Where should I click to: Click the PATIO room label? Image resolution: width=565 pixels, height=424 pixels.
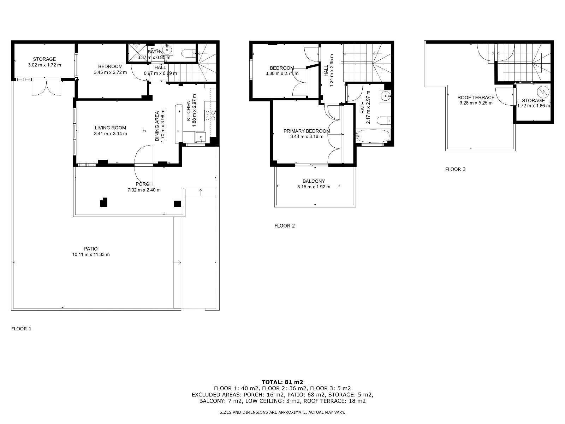click(91, 249)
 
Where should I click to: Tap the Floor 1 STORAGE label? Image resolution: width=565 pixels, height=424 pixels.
click(44, 59)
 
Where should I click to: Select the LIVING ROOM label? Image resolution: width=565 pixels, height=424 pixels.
click(111, 128)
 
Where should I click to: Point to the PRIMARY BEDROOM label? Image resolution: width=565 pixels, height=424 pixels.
click(307, 131)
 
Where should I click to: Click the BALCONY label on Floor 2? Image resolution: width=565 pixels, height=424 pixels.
click(314, 181)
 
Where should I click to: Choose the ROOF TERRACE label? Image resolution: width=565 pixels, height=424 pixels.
click(476, 98)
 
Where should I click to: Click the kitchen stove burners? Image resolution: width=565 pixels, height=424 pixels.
click(210, 115)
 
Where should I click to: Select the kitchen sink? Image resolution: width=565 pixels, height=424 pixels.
click(201, 137)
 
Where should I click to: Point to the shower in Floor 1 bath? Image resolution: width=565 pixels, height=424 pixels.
click(138, 53)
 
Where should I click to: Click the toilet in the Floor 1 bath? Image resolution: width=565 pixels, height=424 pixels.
click(189, 53)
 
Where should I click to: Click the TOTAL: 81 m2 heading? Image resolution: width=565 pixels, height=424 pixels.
click(282, 382)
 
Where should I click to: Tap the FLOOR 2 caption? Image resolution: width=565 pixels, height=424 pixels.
click(284, 226)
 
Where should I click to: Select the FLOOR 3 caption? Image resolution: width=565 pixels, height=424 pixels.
click(455, 169)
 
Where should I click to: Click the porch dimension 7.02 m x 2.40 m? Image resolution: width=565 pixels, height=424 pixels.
click(144, 190)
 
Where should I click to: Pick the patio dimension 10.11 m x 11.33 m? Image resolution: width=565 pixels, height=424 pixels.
click(91, 255)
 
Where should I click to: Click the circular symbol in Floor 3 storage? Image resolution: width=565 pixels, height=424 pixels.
click(543, 92)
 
